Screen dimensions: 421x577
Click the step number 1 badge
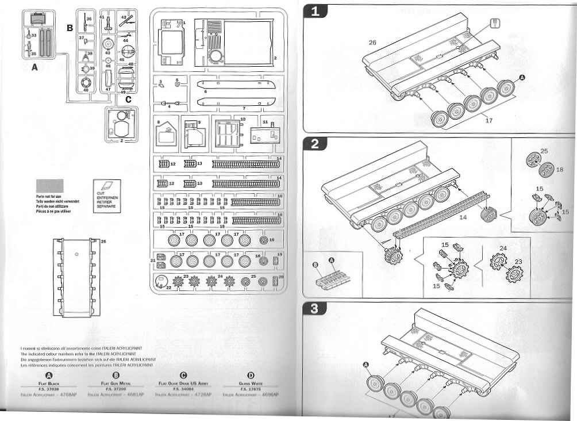(x=315, y=11)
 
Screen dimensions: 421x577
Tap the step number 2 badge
(x=315, y=144)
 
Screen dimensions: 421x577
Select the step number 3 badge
(x=315, y=309)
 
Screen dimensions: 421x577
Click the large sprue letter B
(x=70, y=27)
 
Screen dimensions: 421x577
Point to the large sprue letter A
(x=33, y=67)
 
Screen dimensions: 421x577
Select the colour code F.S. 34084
(x=183, y=388)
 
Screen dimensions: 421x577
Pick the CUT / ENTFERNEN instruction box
(x=107, y=196)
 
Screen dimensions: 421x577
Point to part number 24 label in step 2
(x=503, y=249)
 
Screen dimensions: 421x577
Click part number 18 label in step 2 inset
(x=560, y=170)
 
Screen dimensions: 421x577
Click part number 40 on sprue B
(x=86, y=89)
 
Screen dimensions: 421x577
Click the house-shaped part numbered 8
(x=167, y=133)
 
